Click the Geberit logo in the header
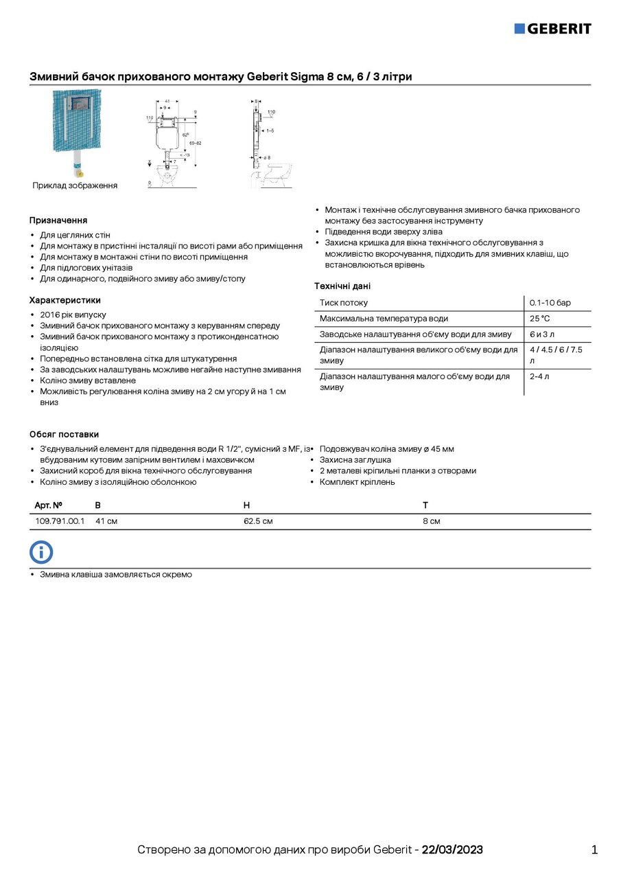[552, 28]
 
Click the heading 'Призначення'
[58, 220]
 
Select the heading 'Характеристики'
[65, 300]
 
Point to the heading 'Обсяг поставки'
[64, 434]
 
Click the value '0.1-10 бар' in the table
[550, 303]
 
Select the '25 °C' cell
[539, 319]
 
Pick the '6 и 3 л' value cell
[542, 334]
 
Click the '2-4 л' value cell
[539, 376]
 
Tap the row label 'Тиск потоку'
[343, 303]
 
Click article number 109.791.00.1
[60, 521]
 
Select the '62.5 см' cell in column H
[258, 521]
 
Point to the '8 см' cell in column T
[431, 521]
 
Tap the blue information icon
[41, 552]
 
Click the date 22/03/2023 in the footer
[452, 850]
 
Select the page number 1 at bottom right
[594, 850]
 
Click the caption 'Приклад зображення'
[75, 185]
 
